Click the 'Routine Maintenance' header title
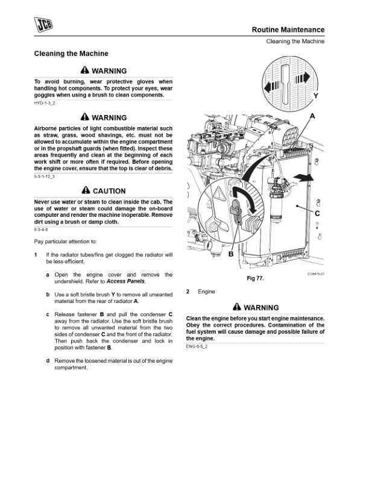coord(288,30)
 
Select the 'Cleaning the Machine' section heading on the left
coord(71,54)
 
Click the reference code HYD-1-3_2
coord(45,104)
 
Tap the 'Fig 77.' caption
coord(256,279)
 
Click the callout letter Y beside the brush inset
coord(315,96)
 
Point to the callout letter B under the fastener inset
coord(231,254)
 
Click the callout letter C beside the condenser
coord(317,213)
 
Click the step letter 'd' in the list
coord(48,360)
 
